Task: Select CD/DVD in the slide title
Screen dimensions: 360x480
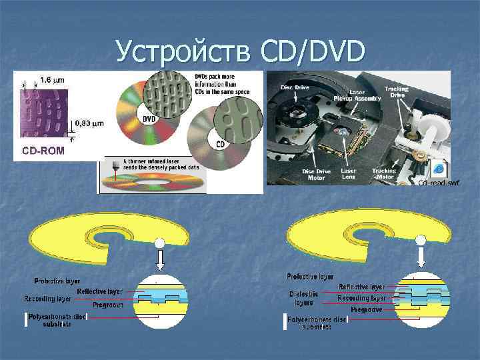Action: tap(309, 52)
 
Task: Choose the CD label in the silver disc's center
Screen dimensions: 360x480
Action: tap(219, 144)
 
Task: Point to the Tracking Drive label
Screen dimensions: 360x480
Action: tap(397, 91)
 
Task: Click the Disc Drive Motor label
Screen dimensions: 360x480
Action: tap(317, 174)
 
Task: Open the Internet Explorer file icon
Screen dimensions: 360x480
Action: tap(439, 168)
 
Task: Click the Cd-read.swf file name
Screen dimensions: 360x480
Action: tap(439, 183)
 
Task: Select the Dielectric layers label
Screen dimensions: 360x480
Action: tap(303, 298)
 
